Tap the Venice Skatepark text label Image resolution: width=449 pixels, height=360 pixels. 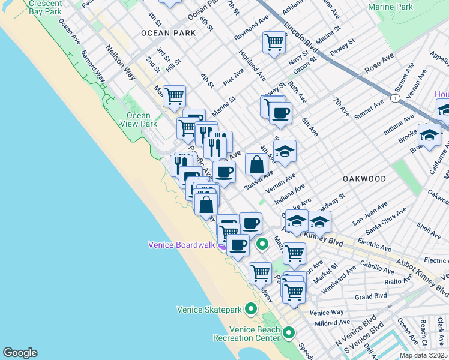pyautogui.click(x=209, y=310)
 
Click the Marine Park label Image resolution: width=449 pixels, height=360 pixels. pyautogui.click(x=391, y=7)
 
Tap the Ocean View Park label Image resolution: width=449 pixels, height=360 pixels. pyautogui.click(x=139, y=120)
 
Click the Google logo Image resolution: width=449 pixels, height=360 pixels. pyautogui.click(x=20, y=353)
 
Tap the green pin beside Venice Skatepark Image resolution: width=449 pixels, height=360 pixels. pyautogui.click(x=251, y=309)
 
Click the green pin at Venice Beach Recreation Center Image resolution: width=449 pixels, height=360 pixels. pyautogui.click(x=289, y=332)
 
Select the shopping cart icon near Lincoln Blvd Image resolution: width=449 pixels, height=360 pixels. pyautogui.click(x=274, y=43)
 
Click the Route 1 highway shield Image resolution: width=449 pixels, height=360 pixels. pyautogui.click(x=394, y=98)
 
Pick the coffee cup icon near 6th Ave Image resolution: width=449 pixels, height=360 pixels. pyautogui.click(x=280, y=113)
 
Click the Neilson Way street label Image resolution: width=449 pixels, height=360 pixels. pyautogui.click(x=120, y=62)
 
